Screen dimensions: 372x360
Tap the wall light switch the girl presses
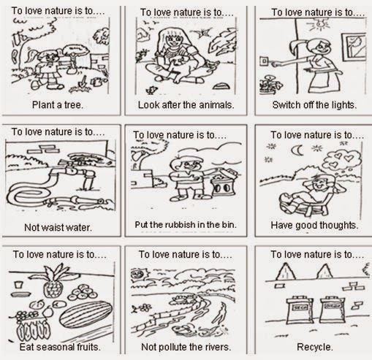[264, 61]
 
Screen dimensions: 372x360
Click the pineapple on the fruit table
[55, 281]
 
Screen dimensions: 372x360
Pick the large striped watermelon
[86, 315]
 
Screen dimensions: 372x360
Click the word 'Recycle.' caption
[315, 347]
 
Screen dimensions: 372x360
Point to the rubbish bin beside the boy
[224, 182]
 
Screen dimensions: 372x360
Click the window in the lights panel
[354, 47]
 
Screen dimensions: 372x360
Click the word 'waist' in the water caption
[49, 228]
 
